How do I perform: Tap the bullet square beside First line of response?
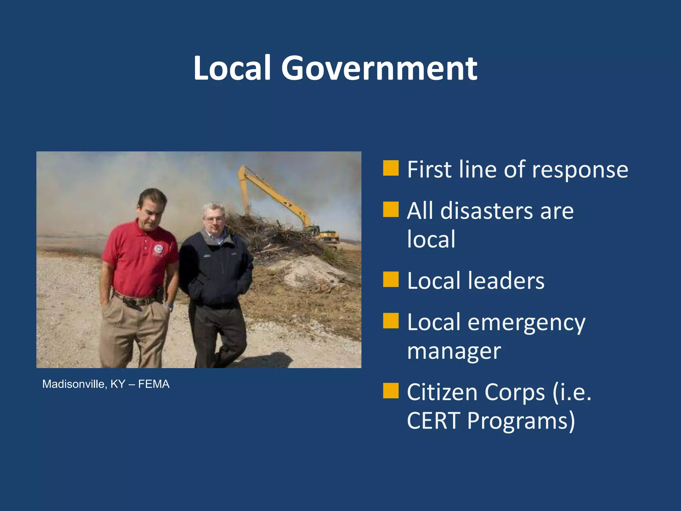391,168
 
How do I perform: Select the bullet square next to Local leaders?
391,279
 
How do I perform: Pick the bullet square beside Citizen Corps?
391,391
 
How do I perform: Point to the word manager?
454,351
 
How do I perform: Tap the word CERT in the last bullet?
434,421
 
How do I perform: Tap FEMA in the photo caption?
154,384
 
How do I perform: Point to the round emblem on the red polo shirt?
159,249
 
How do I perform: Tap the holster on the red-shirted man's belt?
159,294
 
